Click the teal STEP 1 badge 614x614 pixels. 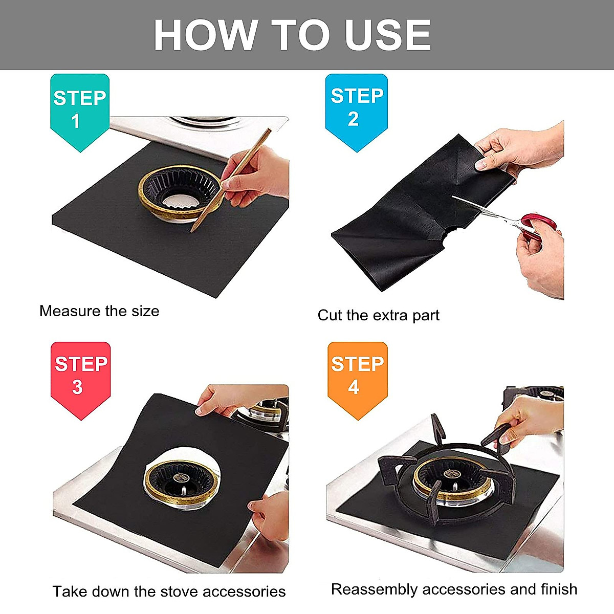(x=79, y=110)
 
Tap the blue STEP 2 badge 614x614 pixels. (x=357, y=108)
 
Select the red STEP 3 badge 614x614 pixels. (x=80, y=376)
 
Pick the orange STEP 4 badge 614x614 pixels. (x=357, y=376)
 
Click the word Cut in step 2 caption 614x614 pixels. (x=329, y=315)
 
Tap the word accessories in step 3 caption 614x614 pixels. (x=244, y=591)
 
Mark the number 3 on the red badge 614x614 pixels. (x=77, y=387)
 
